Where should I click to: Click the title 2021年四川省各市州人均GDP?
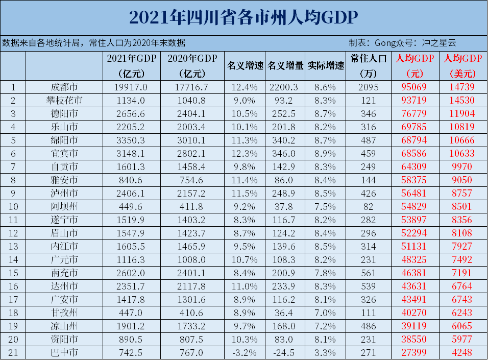(x=243, y=17)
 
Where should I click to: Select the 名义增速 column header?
(x=245, y=66)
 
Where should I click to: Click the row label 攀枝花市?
(x=64, y=100)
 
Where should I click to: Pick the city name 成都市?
(x=64, y=87)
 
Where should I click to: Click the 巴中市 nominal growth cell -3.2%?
(x=245, y=352)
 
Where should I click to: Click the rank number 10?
(x=13, y=206)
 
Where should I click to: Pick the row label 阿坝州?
(x=64, y=206)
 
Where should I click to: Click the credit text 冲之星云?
(x=440, y=43)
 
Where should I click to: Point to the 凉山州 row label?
(x=64, y=326)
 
